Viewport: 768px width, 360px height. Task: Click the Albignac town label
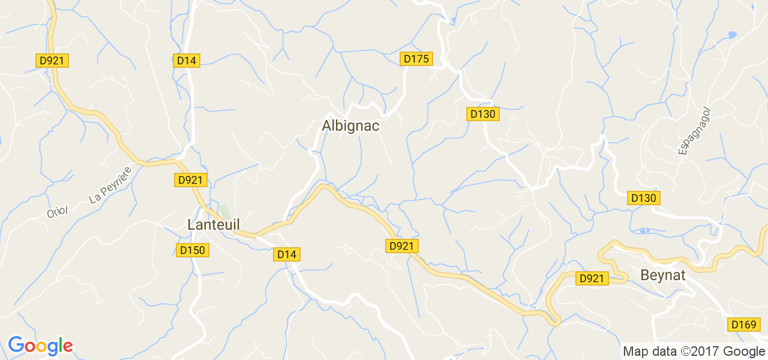coord(351,126)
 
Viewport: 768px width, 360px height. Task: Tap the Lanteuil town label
coord(214,225)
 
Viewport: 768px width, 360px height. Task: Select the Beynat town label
coord(663,276)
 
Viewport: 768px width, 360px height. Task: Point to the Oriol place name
coord(58,212)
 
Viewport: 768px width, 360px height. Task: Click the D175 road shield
coord(416,59)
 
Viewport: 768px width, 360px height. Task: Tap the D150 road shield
coord(193,250)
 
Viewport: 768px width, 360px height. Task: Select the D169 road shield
coord(743,325)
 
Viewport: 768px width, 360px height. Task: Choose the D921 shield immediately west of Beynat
coord(592,278)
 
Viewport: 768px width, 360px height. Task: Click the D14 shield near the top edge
coord(186,60)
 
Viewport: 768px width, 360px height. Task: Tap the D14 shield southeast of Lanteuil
coord(287,254)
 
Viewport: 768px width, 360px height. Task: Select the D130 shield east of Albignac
coord(483,114)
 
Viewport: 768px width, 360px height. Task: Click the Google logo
coord(40,346)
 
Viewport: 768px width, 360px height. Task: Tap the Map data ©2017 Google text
coord(694,352)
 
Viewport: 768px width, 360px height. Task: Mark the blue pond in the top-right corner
coord(731,35)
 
